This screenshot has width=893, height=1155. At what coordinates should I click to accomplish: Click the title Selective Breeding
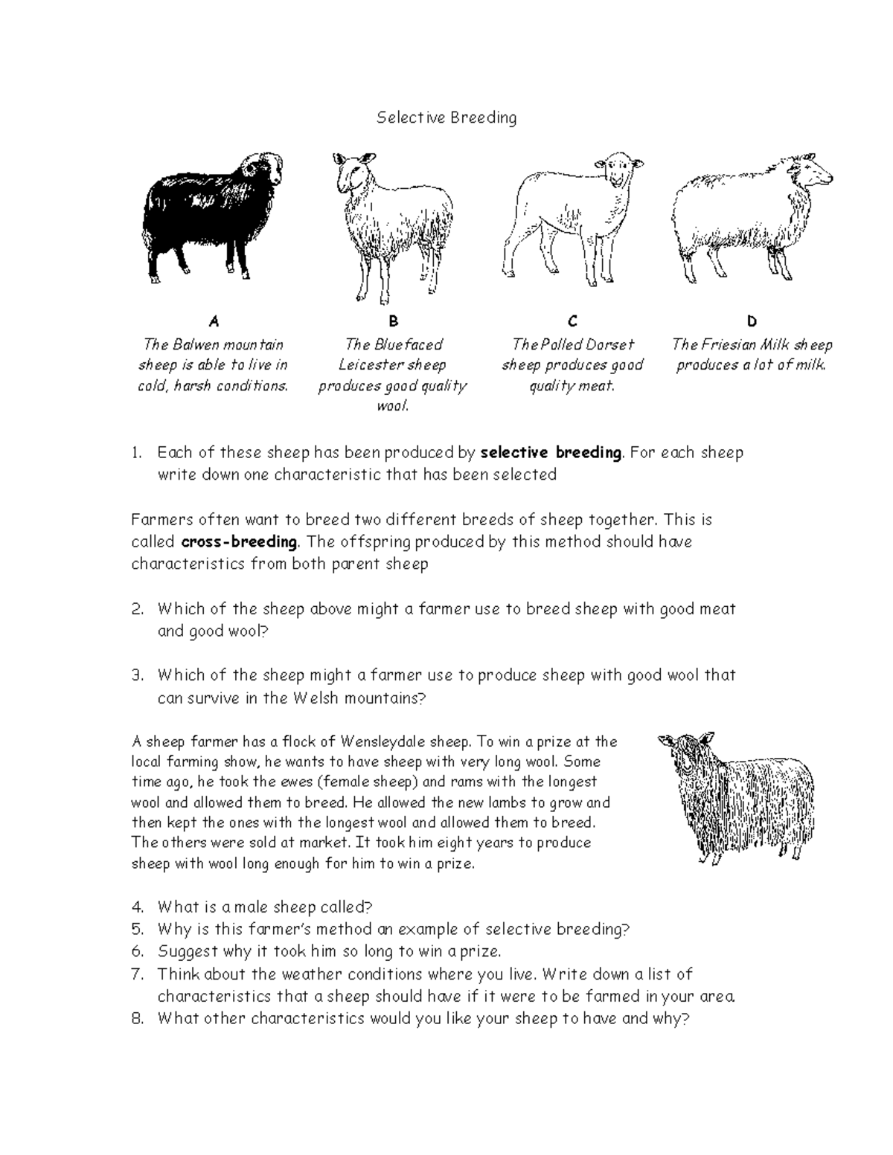click(x=446, y=118)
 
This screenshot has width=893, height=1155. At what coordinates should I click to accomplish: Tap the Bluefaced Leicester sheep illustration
click(x=393, y=223)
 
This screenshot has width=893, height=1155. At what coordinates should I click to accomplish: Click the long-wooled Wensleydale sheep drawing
click(x=737, y=796)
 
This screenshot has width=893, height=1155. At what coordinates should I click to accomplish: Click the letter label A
click(x=214, y=321)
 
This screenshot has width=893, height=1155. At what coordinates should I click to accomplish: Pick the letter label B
click(x=394, y=321)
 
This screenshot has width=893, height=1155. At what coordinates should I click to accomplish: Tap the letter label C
click(x=572, y=321)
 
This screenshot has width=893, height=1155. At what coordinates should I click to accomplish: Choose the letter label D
click(x=752, y=321)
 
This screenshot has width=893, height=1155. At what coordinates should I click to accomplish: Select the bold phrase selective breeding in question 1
click(x=551, y=452)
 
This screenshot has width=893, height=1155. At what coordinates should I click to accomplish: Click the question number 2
click(x=136, y=609)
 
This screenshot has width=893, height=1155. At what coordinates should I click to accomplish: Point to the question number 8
click(x=136, y=1019)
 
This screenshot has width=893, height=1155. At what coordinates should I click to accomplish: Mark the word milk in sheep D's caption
click(x=810, y=365)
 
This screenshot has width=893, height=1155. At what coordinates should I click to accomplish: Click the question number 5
click(x=136, y=930)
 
